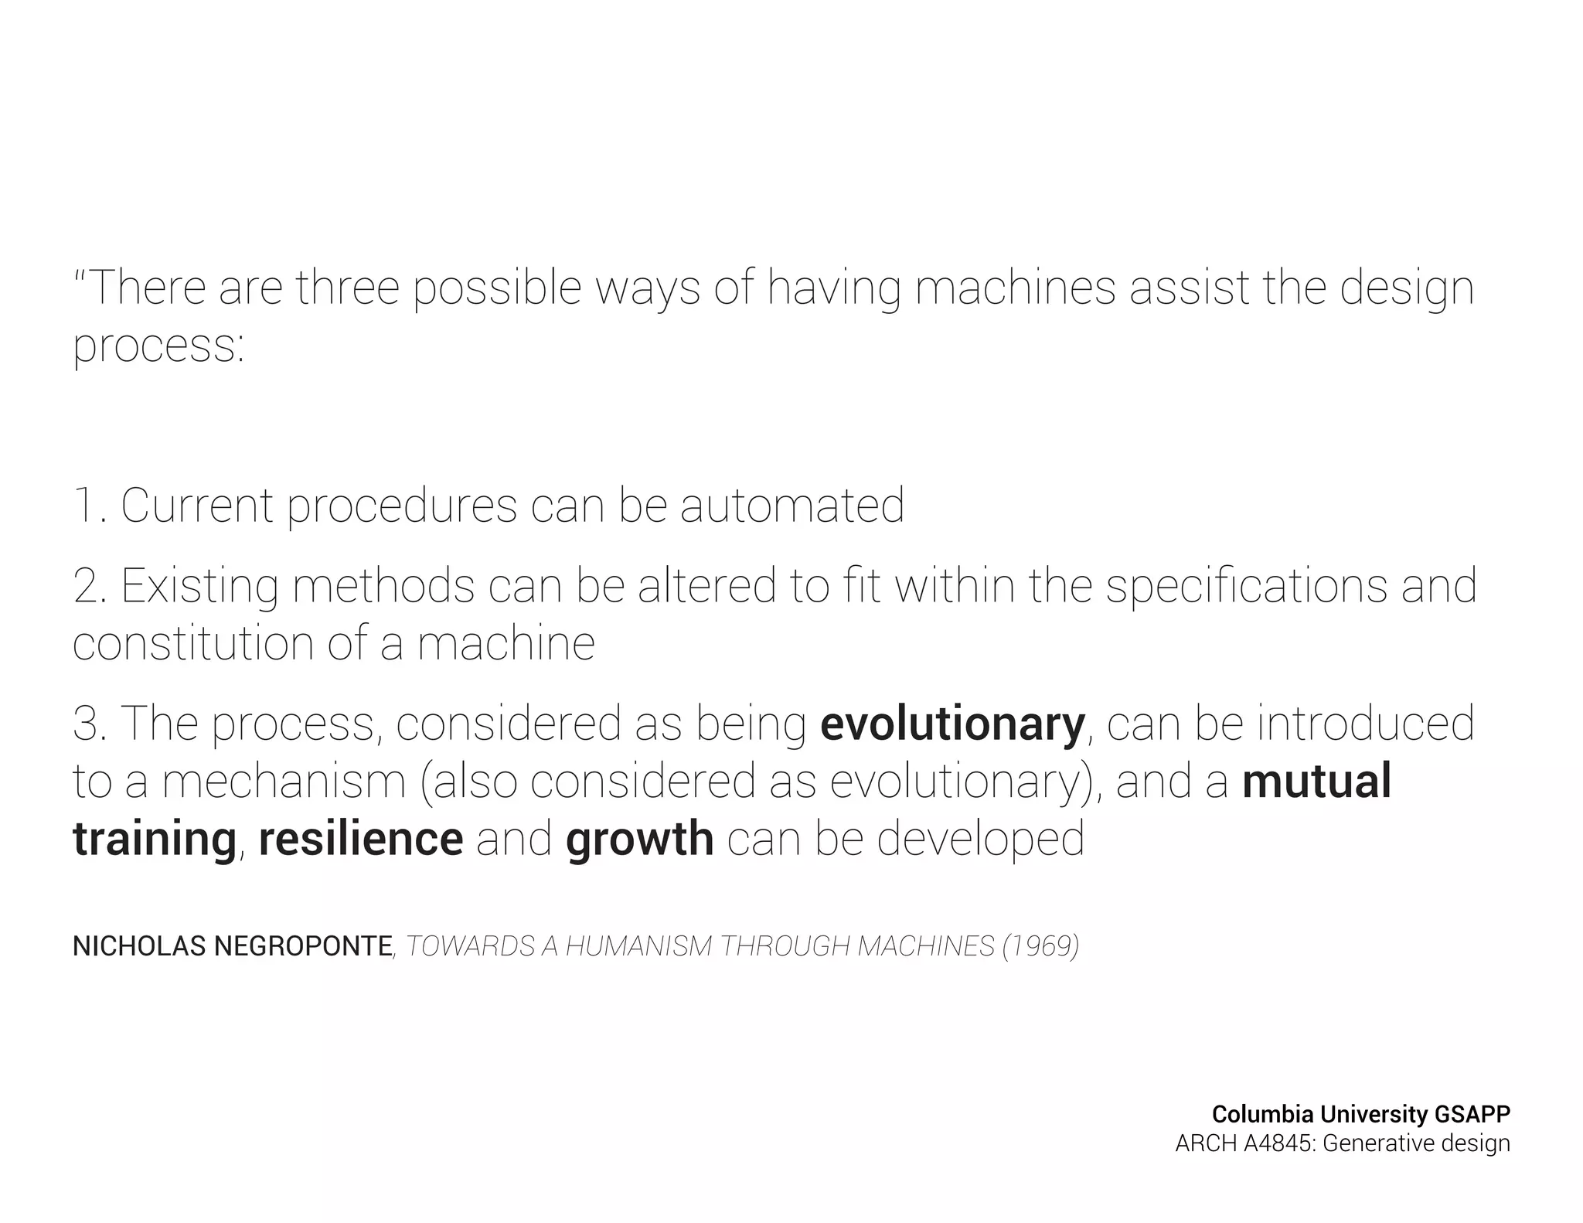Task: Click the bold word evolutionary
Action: pyautogui.click(x=952, y=724)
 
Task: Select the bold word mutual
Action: pyautogui.click(x=1316, y=781)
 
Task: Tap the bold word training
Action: pyautogui.click(x=155, y=840)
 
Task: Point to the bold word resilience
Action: pyautogui.click(x=361, y=840)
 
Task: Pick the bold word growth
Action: pyautogui.click(x=639, y=840)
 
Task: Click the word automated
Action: pyautogui.click(x=792, y=506)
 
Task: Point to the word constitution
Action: pyautogui.click(x=193, y=643)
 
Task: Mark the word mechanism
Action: pyautogui.click(x=284, y=781)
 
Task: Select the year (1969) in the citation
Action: pyautogui.click(x=1040, y=946)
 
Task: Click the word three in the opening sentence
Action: pyautogui.click(x=348, y=288)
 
